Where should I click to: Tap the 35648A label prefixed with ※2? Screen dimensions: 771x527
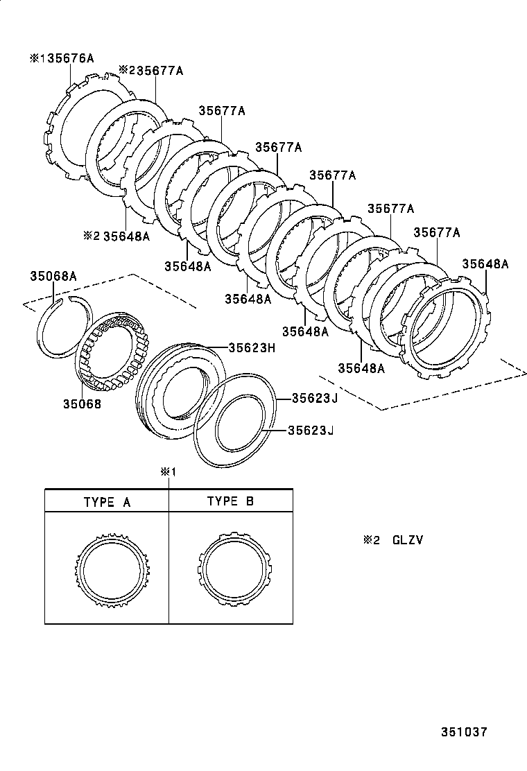pyautogui.click(x=126, y=236)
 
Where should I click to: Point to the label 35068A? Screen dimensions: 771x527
pyautogui.click(x=53, y=276)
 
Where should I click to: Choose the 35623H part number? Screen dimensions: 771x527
pyautogui.click(x=252, y=347)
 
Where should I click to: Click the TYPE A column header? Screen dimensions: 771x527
pyautogui.click(x=107, y=502)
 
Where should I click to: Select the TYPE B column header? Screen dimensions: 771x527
pyautogui.click(x=230, y=502)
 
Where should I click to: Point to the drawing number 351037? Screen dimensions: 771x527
pyautogui.click(x=465, y=732)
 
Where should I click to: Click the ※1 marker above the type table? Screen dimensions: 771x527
pyautogui.click(x=169, y=473)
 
